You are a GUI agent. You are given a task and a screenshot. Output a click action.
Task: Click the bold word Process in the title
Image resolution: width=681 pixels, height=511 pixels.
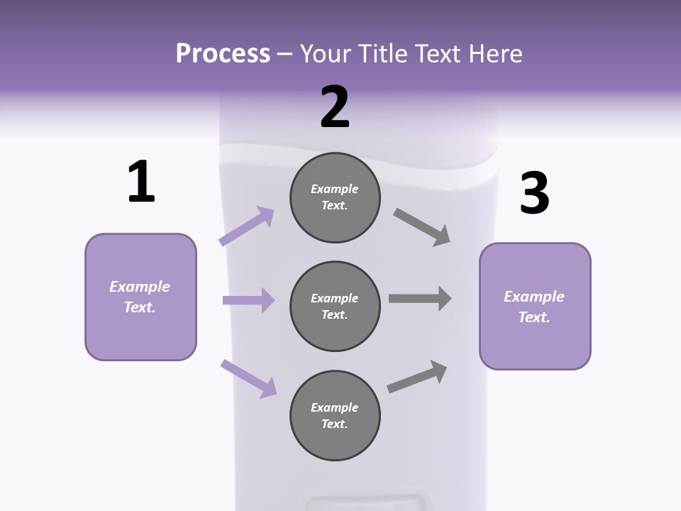pos(223,53)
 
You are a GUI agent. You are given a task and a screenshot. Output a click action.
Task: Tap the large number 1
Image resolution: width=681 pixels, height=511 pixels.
pos(141,182)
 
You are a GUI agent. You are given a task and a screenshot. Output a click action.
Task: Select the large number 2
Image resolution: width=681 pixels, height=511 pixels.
pos(335,107)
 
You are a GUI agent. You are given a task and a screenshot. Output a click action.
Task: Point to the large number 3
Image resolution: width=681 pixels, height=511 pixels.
pos(535,194)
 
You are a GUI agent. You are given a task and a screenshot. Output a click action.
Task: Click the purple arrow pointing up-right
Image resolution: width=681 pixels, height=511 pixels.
pos(246,226)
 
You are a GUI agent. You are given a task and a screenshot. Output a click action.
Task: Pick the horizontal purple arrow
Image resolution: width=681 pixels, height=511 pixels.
pos(248,300)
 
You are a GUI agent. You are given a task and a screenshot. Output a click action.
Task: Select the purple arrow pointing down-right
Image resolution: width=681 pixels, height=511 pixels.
pos(248,378)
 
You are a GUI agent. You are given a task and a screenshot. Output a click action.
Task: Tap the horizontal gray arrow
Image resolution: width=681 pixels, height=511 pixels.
pos(420,299)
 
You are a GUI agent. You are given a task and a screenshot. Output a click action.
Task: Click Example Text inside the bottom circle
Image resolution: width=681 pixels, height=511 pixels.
pos(335,416)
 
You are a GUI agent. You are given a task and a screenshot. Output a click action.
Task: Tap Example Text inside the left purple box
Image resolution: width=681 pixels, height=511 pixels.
pos(140,297)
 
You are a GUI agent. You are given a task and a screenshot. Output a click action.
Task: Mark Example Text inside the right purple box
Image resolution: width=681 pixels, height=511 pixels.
pos(534,307)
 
